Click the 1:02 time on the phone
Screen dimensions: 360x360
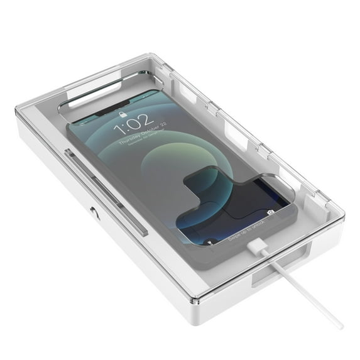point(133,121)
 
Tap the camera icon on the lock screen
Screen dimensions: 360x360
point(271,212)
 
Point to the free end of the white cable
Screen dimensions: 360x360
point(340,325)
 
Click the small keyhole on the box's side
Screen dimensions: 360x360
point(94,214)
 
